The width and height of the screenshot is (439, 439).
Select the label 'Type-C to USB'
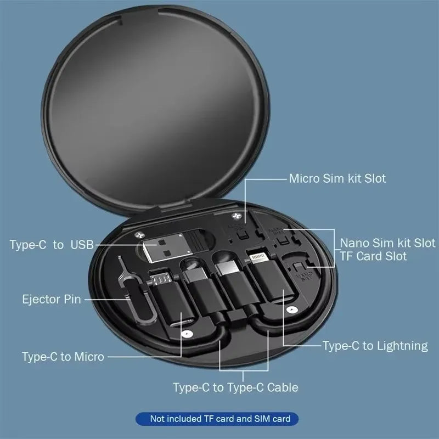[x=52, y=244]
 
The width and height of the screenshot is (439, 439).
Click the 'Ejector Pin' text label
[x=52, y=300]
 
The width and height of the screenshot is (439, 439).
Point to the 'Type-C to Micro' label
[x=63, y=357]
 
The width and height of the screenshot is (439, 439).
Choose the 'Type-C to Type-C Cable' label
[x=235, y=387]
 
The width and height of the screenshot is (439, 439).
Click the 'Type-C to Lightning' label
[x=375, y=346]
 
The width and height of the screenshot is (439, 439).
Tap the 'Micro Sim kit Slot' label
[x=337, y=178]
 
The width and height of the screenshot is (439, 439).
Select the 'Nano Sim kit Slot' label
[x=387, y=243]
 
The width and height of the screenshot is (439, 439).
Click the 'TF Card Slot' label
[x=374, y=256]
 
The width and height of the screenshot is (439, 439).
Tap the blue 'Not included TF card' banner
[x=219, y=419]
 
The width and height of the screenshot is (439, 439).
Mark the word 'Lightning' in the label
[x=402, y=346]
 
